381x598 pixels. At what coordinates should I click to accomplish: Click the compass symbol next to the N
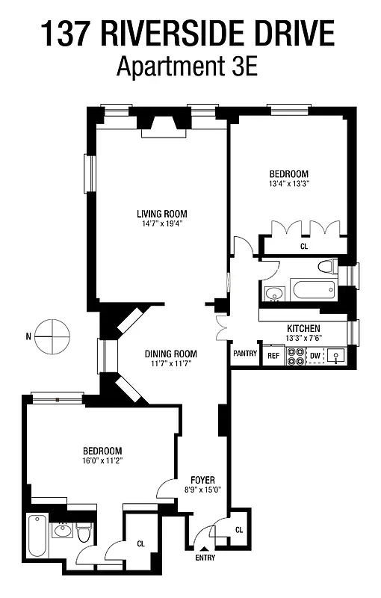tap(52, 336)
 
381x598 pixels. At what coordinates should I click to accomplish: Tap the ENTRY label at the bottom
tap(206, 558)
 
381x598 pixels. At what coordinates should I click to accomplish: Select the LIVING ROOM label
tap(155, 212)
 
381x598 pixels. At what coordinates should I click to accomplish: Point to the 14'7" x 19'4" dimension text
tap(155, 223)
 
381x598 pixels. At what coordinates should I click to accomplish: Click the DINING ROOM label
tap(170, 354)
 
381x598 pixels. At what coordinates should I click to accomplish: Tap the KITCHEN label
tap(303, 329)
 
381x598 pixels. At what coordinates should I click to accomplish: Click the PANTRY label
tap(245, 353)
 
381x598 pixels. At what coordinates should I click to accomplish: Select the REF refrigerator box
tap(273, 356)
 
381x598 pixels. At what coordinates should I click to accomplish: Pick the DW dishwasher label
tap(315, 355)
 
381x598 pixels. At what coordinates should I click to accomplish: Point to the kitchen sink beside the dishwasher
tap(338, 357)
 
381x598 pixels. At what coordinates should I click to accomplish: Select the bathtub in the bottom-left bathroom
tap(36, 537)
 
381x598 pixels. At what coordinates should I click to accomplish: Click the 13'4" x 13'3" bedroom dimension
tap(288, 184)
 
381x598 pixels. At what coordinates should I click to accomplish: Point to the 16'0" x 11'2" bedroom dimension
tap(102, 461)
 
